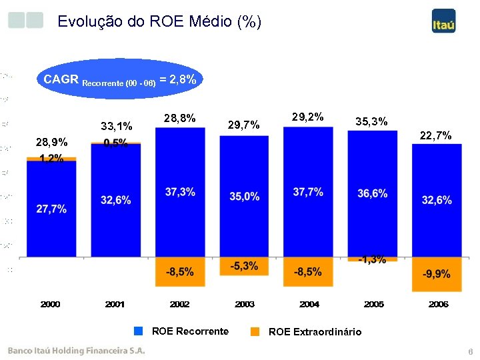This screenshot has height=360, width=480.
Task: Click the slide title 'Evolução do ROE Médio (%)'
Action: (159, 21)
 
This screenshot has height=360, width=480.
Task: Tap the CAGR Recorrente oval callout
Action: (119, 79)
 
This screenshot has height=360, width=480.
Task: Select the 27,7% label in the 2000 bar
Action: (51, 209)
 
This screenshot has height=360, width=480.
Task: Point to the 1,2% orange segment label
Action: (51, 159)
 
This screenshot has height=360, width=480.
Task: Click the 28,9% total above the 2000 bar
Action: (51, 143)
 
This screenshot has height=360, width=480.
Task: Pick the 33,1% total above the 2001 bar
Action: (116, 126)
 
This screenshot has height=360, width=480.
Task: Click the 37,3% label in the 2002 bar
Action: (180, 192)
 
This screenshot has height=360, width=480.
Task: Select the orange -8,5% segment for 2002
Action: (180, 272)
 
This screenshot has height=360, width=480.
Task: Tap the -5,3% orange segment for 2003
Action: (244, 266)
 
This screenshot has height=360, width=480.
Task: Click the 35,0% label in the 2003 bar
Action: (244, 196)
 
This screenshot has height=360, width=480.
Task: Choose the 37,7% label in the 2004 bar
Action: (308, 192)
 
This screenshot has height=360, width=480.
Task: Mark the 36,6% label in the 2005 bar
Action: (372, 193)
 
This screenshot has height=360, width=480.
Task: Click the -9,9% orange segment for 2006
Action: (436, 274)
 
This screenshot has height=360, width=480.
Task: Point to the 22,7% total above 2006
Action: (436, 136)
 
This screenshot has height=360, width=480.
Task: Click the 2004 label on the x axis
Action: (309, 305)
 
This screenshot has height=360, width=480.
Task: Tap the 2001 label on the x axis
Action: (115, 305)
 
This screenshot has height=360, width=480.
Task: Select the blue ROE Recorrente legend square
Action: (138, 331)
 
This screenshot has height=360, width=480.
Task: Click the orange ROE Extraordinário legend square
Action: (255, 331)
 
